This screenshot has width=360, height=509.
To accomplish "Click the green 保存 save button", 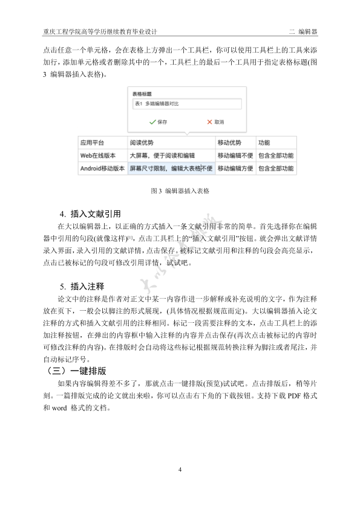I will (x=158, y=122).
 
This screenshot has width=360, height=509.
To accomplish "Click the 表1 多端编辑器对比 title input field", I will (x=186, y=104).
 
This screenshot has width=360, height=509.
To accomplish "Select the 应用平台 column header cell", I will (x=93, y=143).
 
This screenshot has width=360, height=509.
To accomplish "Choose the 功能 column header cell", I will (x=264, y=143).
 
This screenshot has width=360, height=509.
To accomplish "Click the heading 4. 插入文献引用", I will (x=91, y=214).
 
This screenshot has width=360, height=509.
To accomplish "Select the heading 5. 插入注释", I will (x=82, y=287).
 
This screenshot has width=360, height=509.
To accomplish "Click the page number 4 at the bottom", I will (x=180, y=470).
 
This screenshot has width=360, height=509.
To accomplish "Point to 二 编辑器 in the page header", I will (x=304, y=30).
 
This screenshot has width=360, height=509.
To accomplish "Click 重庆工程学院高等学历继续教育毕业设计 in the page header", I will (x=100, y=30).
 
